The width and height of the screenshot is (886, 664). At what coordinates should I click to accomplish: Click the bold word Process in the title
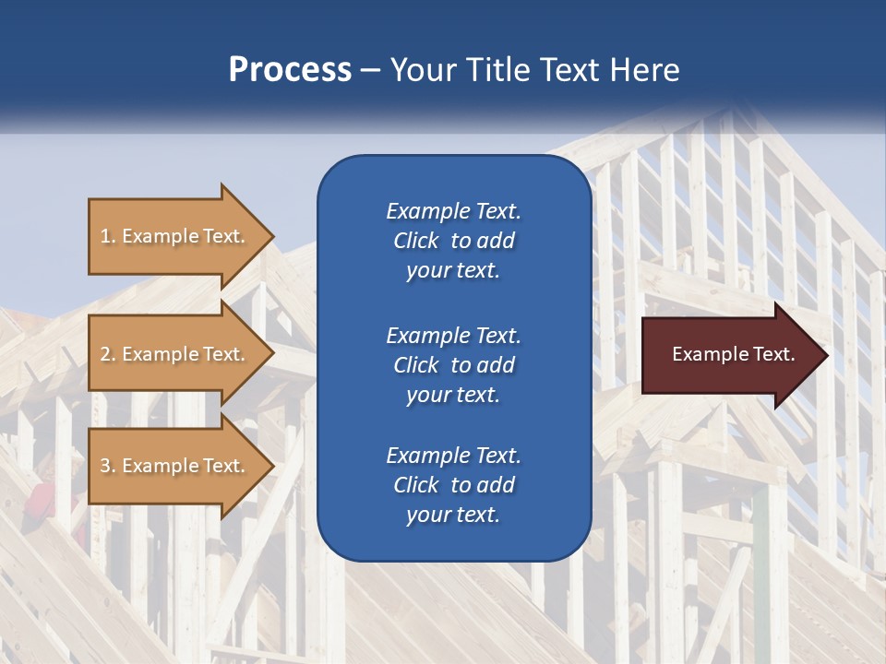point(290,70)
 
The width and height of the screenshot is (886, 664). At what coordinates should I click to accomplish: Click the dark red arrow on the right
point(729,354)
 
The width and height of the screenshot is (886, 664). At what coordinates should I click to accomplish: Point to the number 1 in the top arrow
point(106,236)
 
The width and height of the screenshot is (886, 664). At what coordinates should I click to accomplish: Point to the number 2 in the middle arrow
point(106,354)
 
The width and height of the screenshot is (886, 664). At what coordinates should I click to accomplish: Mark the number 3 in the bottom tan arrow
point(106,466)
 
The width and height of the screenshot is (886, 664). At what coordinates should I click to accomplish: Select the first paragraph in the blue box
point(453,241)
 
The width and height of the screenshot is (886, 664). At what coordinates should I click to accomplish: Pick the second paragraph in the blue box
point(453,364)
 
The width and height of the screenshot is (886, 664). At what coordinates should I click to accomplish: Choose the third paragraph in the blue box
point(453,485)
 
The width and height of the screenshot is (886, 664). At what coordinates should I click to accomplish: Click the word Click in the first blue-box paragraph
point(415,241)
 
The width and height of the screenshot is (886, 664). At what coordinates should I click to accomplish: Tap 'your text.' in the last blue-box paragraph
point(453,515)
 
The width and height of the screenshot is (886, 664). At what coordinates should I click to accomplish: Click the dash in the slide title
point(371,71)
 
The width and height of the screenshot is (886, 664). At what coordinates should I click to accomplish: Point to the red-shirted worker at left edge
point(40,498)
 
